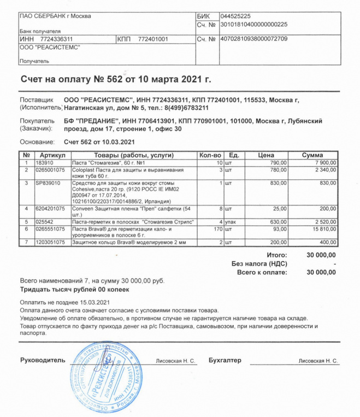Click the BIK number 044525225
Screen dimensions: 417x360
click(x=235, y=16)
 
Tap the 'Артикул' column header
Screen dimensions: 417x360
click(x=52, y=155)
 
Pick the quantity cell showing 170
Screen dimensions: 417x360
click(x=215, y=229)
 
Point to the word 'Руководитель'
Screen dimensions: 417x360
click(x=43, y=360)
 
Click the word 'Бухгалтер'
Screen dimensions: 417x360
click(x=225, y=360)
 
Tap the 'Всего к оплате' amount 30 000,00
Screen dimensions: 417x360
click(x=321, y=272)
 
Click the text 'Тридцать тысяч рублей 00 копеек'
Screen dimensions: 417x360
click(x=75, y=289)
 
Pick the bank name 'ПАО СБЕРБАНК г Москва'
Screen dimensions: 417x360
click(x=55, y=16)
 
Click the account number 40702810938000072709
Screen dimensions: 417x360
click(x=253, y=39)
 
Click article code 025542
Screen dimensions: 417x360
click(x=45, y=221)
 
